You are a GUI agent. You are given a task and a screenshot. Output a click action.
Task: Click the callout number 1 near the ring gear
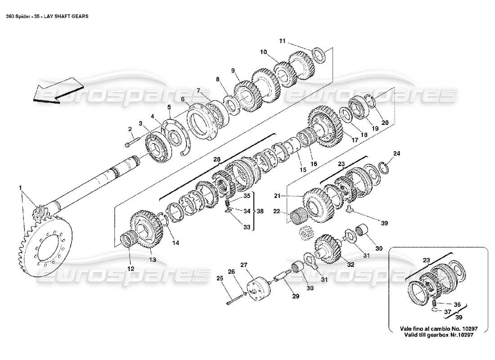pyautogui.click(x=20, y=187)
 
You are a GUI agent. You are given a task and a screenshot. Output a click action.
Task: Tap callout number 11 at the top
pyautogui.click(x=282, y=41)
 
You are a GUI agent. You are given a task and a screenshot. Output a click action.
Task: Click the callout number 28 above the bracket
pyautogui.click(x=216, y=160)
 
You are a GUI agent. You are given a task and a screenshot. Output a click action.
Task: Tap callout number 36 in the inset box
pyautogui.click(x=457, y=304)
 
